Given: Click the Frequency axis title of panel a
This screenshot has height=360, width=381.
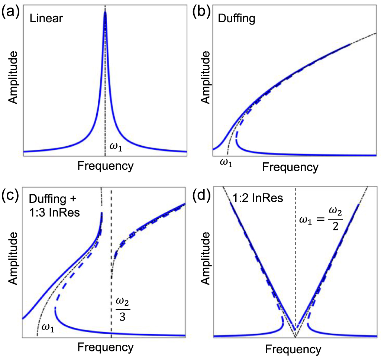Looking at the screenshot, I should [x=105, y=166].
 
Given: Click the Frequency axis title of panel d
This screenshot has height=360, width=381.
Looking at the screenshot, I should [x=293, y=349].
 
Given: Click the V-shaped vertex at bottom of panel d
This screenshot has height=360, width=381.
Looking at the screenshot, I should [x=296, y=337].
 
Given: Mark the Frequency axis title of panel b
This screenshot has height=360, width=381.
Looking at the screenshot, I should [x=290, y=167].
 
